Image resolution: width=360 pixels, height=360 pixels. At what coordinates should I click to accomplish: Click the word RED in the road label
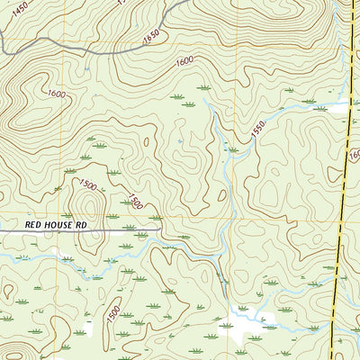pyautogui.click(x=33, y=221)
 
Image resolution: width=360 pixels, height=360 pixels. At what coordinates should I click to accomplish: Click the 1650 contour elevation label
pyautogui.click(x=150, y=35)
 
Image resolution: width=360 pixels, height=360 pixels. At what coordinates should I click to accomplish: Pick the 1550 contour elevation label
pyautogui.click(x=258, y=130)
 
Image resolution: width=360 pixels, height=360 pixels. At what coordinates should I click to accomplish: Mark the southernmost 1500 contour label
pyautogui.click(x=113, y=313)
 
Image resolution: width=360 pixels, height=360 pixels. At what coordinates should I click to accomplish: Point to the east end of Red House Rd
pyautogui.click(x=159, y=229)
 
